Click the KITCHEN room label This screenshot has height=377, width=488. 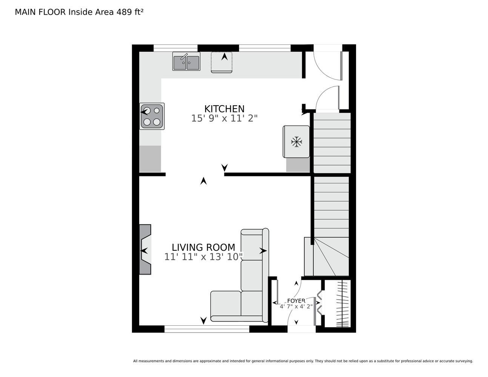[224, 109]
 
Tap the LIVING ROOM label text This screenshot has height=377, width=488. [203, 248]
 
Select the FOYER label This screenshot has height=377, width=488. [296, 301]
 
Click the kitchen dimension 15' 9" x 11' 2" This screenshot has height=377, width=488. [224, 118]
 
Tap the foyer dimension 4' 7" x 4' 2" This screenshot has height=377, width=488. [296, 307]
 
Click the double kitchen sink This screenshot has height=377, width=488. [186, 61]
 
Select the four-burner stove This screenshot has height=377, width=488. [152, 116]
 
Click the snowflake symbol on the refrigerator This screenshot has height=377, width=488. [296, 142]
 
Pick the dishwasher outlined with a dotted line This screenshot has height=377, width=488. [221, 62]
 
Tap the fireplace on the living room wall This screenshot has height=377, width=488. [145, 249]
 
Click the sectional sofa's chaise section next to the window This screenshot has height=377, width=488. [226, 306]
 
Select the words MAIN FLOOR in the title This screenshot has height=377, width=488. [40, 12]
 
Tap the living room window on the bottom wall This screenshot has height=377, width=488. [207, 329]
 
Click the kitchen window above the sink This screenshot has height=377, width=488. [175, 48]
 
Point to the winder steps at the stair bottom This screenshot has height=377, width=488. [327, 256]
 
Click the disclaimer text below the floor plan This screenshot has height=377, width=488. [303, 361]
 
